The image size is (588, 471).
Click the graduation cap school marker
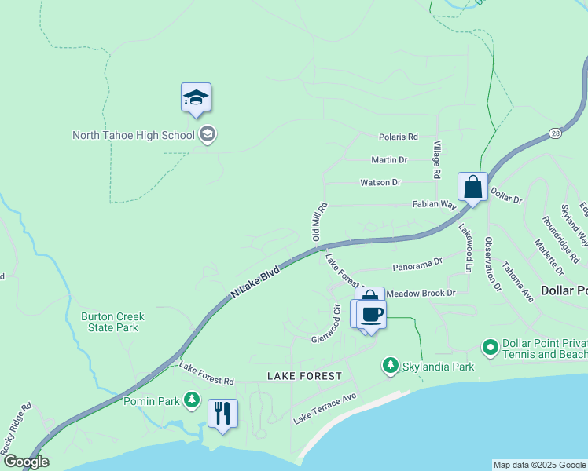coord(196,99)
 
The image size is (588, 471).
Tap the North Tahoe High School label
coord(133,135)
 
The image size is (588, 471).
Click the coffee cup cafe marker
coord(372,314)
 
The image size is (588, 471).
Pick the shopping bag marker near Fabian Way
coord(472,188)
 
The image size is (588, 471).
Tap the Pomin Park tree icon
coord(192,400)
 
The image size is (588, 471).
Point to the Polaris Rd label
coord(398,137)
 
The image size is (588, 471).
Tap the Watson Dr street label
coord(380,182)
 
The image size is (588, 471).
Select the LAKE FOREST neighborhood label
coord(304,376)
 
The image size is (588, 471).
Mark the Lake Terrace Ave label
coord(325,409)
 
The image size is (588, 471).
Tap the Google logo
coord(25,462)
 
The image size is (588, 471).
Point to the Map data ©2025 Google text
coord(538,465)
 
